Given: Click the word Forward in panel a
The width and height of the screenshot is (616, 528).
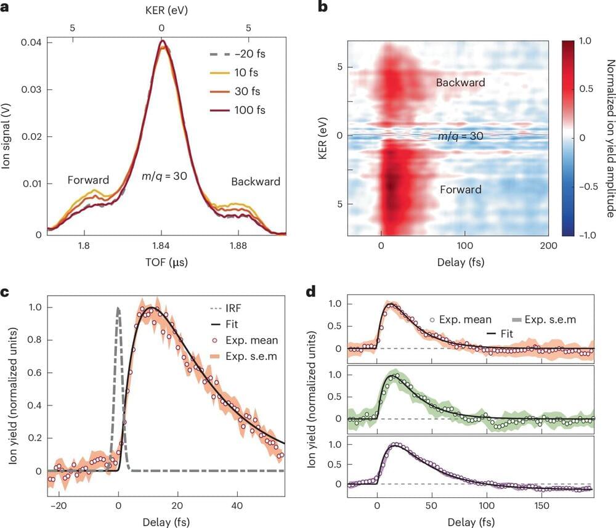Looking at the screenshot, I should click(88, 181).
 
